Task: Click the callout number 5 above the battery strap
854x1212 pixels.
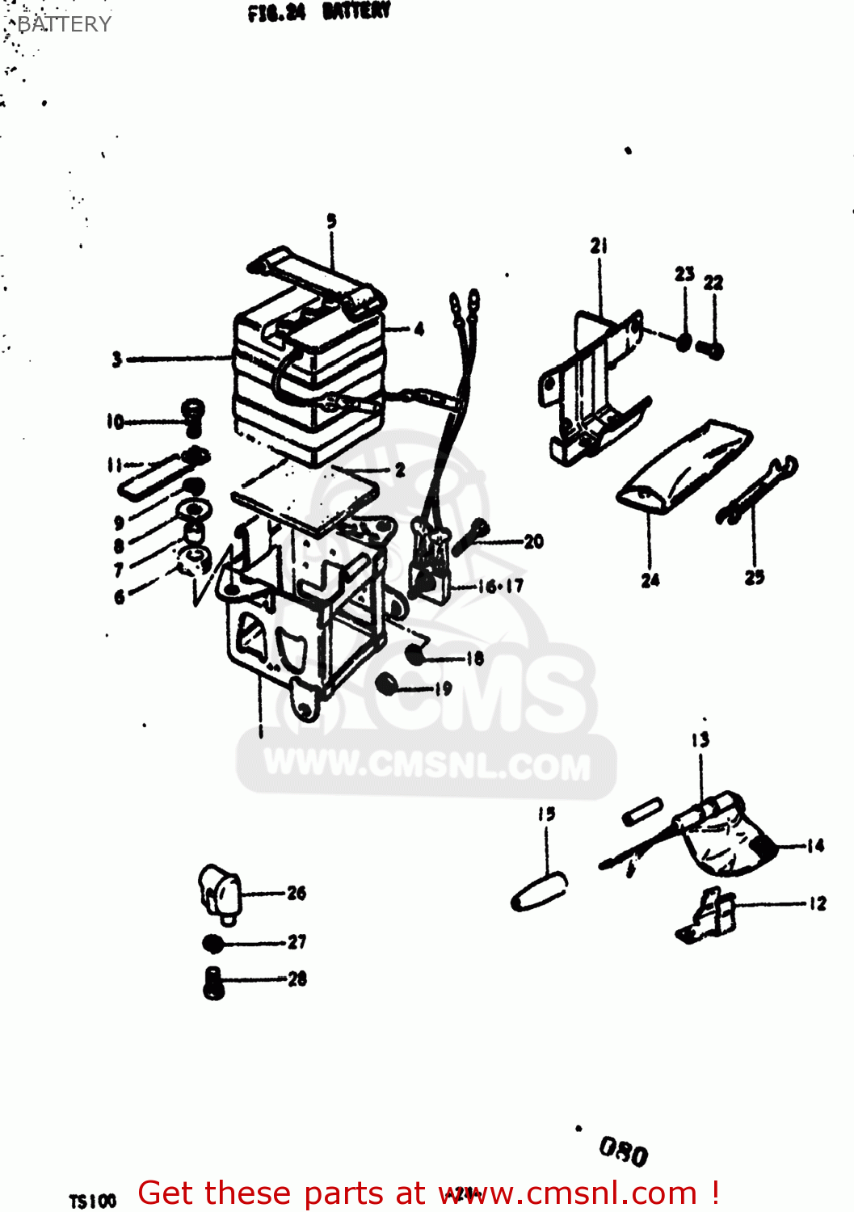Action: [331, 221]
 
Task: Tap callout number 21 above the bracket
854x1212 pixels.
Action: [599, 246]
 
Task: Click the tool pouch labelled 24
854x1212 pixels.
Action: [683, 466]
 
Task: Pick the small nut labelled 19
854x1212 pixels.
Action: [387, 684]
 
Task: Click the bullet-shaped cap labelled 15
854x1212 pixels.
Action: [539, 891]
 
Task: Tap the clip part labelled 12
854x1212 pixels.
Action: [706, 915]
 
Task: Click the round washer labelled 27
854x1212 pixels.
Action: [212, 943]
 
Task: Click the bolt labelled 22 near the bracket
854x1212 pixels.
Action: [712, 350]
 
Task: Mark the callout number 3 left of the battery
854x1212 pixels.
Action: [117, 359]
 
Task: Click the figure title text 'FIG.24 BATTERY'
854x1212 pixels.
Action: [319, 11]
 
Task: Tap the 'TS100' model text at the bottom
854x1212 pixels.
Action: [92, 1201]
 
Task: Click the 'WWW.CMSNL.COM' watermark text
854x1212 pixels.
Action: [427, 765]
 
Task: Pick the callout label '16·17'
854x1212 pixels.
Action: [500, 586]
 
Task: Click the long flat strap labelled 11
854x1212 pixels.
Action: [154, 475]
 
